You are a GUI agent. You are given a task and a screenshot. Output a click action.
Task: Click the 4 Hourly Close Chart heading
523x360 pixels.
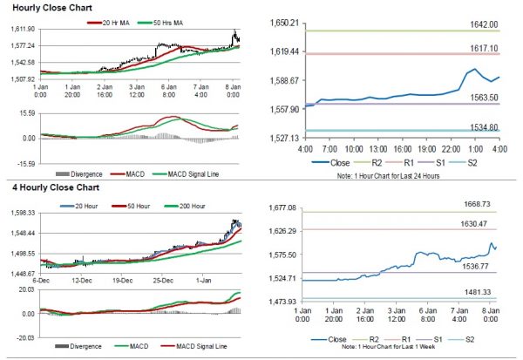point(46,187)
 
